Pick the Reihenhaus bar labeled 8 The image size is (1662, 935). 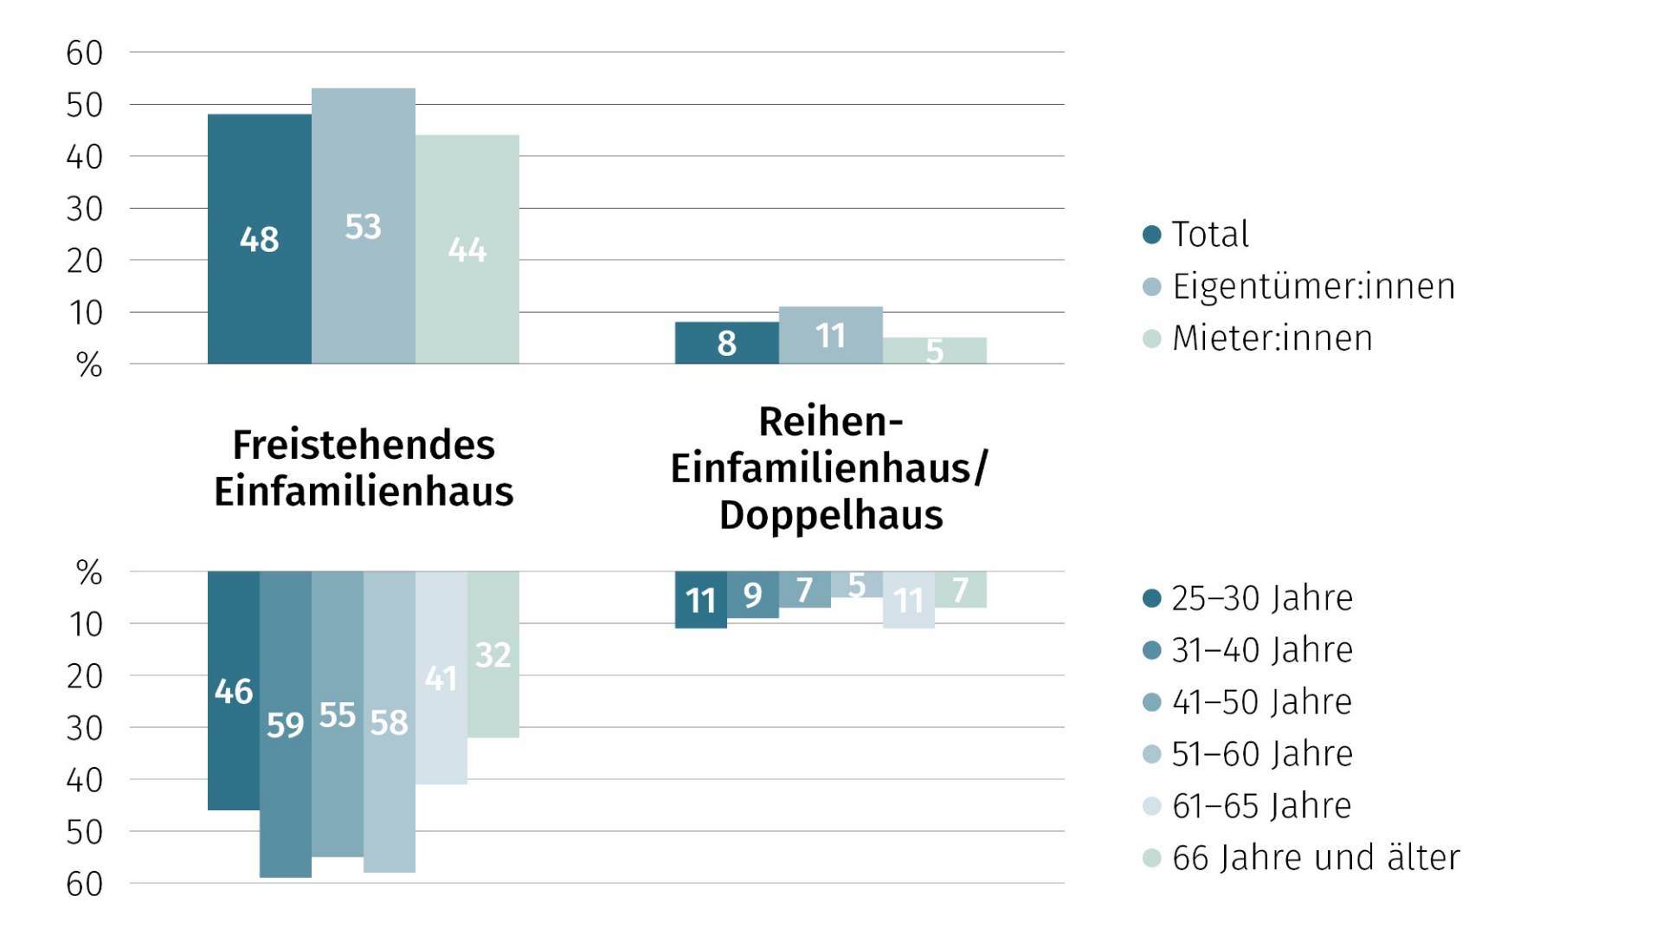click(726, 343)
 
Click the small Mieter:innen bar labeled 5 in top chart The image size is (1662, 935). click(934, 351)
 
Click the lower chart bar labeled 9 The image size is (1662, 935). click(752, 595)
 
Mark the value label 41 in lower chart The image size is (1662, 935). click(441, 678)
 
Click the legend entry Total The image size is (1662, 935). click(1209, 235)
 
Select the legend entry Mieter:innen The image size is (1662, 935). click(1272, 339)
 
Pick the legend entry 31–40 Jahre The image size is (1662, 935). click(1261, 650)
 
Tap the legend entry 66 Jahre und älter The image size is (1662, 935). click(1315, 858)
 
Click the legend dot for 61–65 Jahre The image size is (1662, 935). click(1151, 806)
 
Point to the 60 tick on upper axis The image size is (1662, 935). click(85, 54)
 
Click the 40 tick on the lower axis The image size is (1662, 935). click(85, 781)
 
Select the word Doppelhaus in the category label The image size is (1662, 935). click(830, 515)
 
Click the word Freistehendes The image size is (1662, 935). click(364, 446)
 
